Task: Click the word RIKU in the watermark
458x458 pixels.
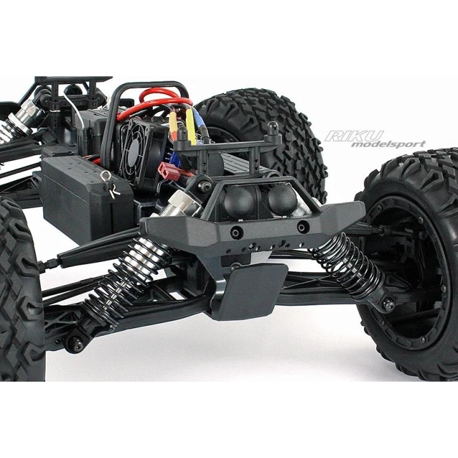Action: pyautogui.click(x=354, y=135)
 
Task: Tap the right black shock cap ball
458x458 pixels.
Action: pyautogui.click(x=281, y=200)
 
